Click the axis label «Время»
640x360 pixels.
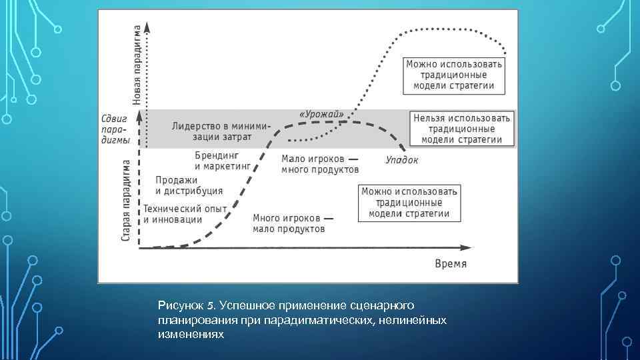pyautogui.click(x=451, y=263)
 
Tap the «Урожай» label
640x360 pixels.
pyautogui.click(x=321, y=114)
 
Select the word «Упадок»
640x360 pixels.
pyautogui.click(x=402, y=160)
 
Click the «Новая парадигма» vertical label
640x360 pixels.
pyautogui.click(x=137, y=65)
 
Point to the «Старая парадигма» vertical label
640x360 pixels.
pyautogui.click(x=126, y=199)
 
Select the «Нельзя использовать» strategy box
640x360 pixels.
pyautogui.click(x=462, y=129)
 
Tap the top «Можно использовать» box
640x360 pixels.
pyautogui.click(x=454, y=75)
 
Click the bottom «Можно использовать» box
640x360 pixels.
pyautogui.click(x=410, y=203)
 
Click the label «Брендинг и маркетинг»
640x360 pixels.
pyautogui.click(x=222, y=160)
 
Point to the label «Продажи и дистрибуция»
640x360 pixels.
pyautogui.click(x=189, y=185)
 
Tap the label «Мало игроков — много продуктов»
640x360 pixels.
pyautogui.click(x=319, y=165)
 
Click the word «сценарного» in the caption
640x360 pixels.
pyautogui.click(x=382, y=306)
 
